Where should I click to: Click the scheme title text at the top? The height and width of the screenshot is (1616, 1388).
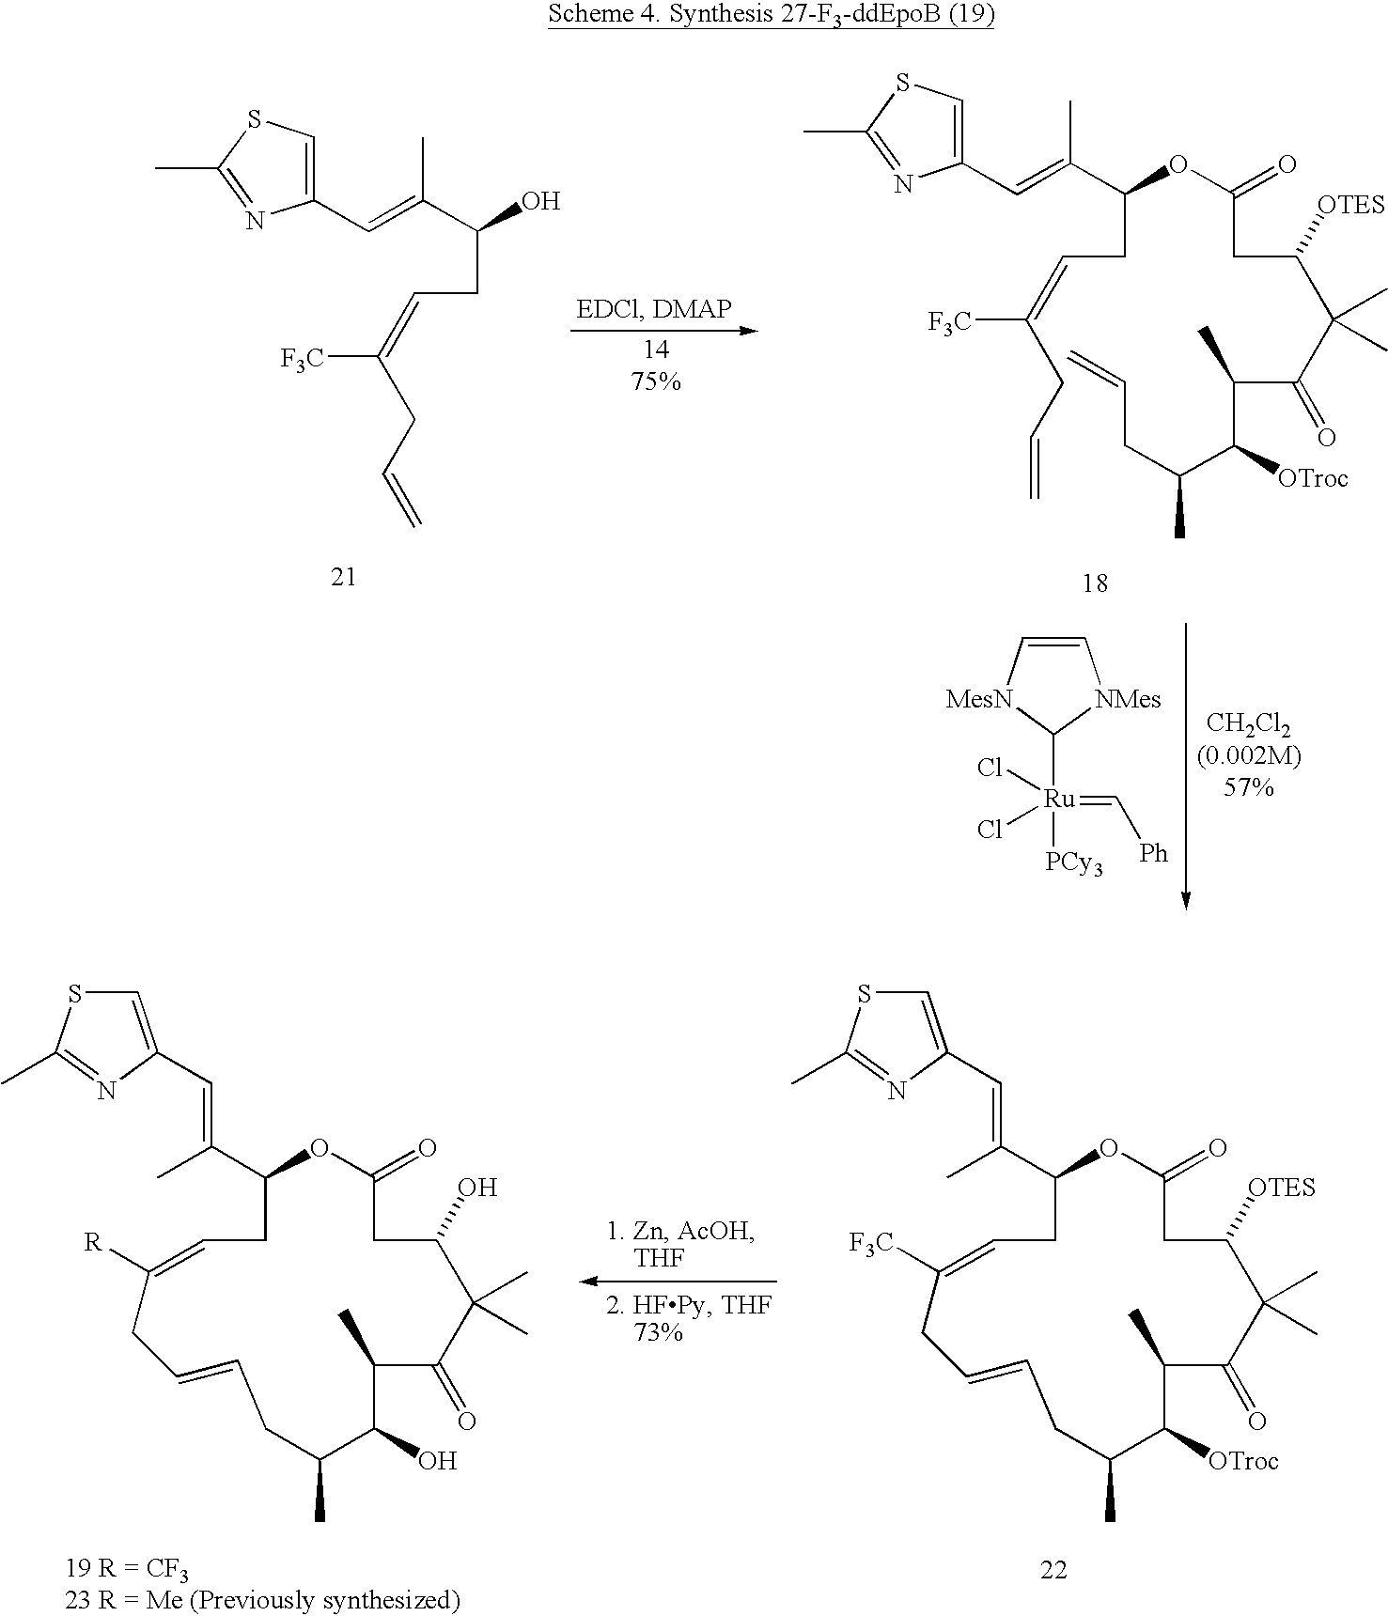pyautogui.click(x=771, y=18)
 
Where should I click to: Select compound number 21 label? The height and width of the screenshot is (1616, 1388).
pyautogui.click(x=344, y=576)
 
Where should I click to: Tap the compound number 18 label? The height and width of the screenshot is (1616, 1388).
pyautogui.click(x=1095, y=583)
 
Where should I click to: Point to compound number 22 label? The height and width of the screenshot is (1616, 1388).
pyautogui.click(x=1053, y=1570)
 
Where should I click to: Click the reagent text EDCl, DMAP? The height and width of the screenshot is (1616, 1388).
pyautogui.click(x=654, y=309)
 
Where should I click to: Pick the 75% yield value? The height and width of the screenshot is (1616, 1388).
pyautogui.click(x=656, y=381)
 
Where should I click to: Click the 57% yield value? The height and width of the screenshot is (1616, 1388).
pyautogui.click(x=1248, y=787)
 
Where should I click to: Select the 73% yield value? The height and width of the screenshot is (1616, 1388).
pyautogui.click(x=658, y=1331)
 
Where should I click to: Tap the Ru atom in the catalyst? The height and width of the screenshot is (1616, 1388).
pyautogui.click(x=1059, y=799)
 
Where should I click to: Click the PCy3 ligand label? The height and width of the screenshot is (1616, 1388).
pyautogui.click(x=1073, y=862)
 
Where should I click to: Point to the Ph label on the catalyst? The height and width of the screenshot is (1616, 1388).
pyautogui.click(x=1153, y=852)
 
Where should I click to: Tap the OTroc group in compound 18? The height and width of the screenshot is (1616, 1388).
pyautogui.click(x=1313, y=478)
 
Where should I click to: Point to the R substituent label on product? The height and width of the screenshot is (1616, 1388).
pyautogui.click(x=92, y=1243)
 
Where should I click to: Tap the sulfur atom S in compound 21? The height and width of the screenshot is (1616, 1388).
pyautogui.click(x=253, y=120)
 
